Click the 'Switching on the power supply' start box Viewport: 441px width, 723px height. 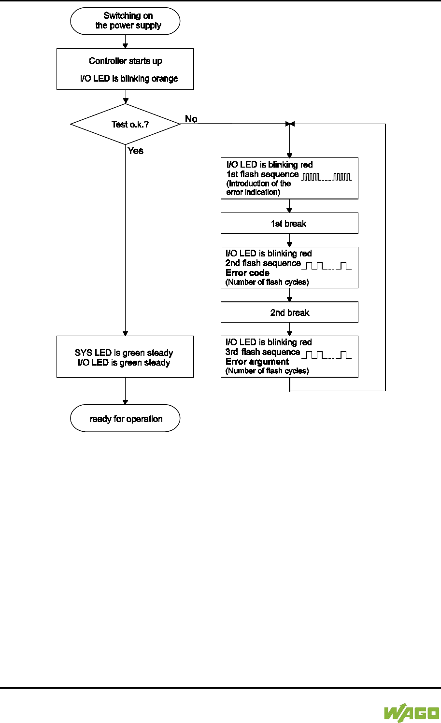[125, 21]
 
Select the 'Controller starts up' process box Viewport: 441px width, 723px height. [125, 69]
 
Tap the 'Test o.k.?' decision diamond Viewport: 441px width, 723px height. [125, 124]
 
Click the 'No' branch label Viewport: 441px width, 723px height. [191, 119]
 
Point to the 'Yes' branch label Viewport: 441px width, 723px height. [136, 151]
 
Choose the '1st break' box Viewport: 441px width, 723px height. [289, 224]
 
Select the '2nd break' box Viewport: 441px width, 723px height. [289, 312]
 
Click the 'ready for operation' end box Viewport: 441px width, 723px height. [125, 418]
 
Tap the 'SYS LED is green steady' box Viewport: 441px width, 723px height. [125, 357]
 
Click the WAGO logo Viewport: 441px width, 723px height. [412, 713]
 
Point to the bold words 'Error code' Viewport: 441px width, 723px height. [247, 273]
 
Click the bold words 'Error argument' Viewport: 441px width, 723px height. [257, 362]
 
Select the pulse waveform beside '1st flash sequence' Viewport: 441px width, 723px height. [327, 177]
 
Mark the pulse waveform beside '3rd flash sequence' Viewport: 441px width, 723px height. [327, 355]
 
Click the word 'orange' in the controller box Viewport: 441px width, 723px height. [165, 79]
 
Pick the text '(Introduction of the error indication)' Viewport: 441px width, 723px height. [259, 188]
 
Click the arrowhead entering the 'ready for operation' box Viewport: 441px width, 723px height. [125, 402]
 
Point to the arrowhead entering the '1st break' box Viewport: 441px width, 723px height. [289, 211]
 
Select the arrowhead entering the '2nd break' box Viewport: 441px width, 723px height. [289, 299]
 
